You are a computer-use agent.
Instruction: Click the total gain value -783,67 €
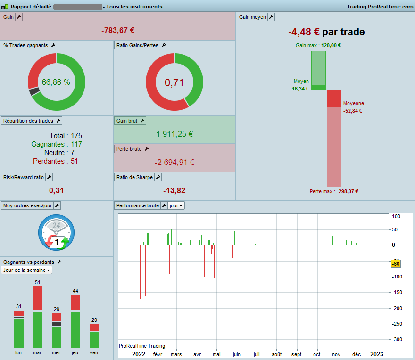click(x=118, y=31)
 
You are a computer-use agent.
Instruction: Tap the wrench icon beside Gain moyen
click(x=271, y=17)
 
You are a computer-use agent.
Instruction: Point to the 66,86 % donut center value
click(x=56, y=82)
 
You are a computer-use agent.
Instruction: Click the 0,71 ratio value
click(x=174, y=82)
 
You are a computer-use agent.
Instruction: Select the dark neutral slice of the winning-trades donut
click(x=34, y=91)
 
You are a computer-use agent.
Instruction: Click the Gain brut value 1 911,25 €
click(x=174, y=134)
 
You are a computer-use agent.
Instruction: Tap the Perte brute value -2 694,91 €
click(x=174, y=162)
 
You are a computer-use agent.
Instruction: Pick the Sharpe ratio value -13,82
click(x=174, y=190)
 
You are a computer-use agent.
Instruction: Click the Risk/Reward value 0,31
click(x=56, y=190)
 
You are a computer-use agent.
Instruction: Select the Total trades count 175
click(x=76, y=136)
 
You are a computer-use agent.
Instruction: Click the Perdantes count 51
click(x=74, y=161)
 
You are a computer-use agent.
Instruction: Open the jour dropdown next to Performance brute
click(x=176, y=205)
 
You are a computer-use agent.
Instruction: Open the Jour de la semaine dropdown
click(x=26, y=270)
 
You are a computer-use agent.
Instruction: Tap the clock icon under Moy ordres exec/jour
click(x=57, y=232)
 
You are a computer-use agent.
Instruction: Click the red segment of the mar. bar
click(x=38, y=298)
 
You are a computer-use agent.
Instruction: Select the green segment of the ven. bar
click(x=94, y=340)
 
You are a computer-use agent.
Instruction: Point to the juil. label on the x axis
click(x=257, y=354)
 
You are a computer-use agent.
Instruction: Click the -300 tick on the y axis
click(x=397, y=339)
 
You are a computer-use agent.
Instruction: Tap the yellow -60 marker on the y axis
click(x=396, y=264)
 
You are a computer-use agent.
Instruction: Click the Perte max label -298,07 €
click(x=334, y=191)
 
